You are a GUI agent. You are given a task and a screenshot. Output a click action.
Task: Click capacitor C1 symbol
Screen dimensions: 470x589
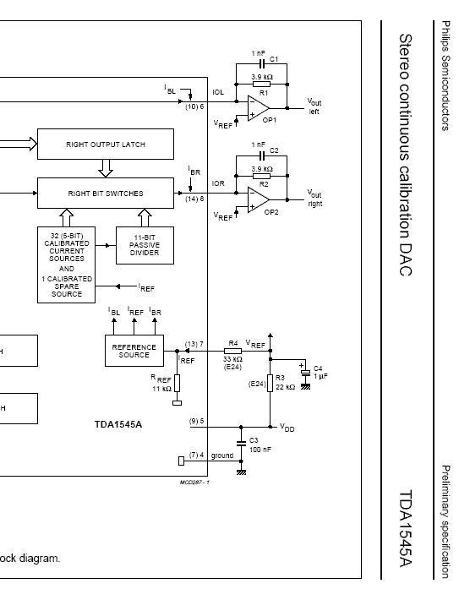click(x=262, y=64)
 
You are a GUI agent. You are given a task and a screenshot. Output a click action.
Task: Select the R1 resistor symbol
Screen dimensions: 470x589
click(x=261, y=85)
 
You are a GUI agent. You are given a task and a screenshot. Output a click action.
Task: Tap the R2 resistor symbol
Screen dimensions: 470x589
click(x=261, y=176)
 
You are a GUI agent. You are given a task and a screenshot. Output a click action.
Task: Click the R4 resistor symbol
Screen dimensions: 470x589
click(x=233, y=351)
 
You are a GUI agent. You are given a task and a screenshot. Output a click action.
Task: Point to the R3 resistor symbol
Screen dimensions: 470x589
click(x=271, y=383)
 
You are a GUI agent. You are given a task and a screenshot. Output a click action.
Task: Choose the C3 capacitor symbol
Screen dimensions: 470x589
click(x=241, y=444)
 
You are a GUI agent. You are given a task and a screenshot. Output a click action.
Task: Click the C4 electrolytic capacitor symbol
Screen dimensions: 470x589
click(x=306, y=372)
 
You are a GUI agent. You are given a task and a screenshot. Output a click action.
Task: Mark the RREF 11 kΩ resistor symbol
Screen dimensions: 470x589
click(x=177, y=383)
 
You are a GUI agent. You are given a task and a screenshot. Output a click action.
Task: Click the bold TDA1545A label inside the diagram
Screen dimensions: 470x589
click(x=118, y=424)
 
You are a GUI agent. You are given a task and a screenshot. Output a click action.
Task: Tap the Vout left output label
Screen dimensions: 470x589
click(x=314, y=106)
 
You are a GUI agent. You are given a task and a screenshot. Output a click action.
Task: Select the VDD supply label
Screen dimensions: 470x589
click(x=287, y=428)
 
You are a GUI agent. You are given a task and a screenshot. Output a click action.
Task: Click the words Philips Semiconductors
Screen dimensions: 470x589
click(x=445, y=75)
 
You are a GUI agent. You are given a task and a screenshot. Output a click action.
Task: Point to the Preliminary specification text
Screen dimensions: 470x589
click(x=445, y=521)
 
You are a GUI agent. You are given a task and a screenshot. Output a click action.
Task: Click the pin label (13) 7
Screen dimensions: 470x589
click(x=194, y=344)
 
